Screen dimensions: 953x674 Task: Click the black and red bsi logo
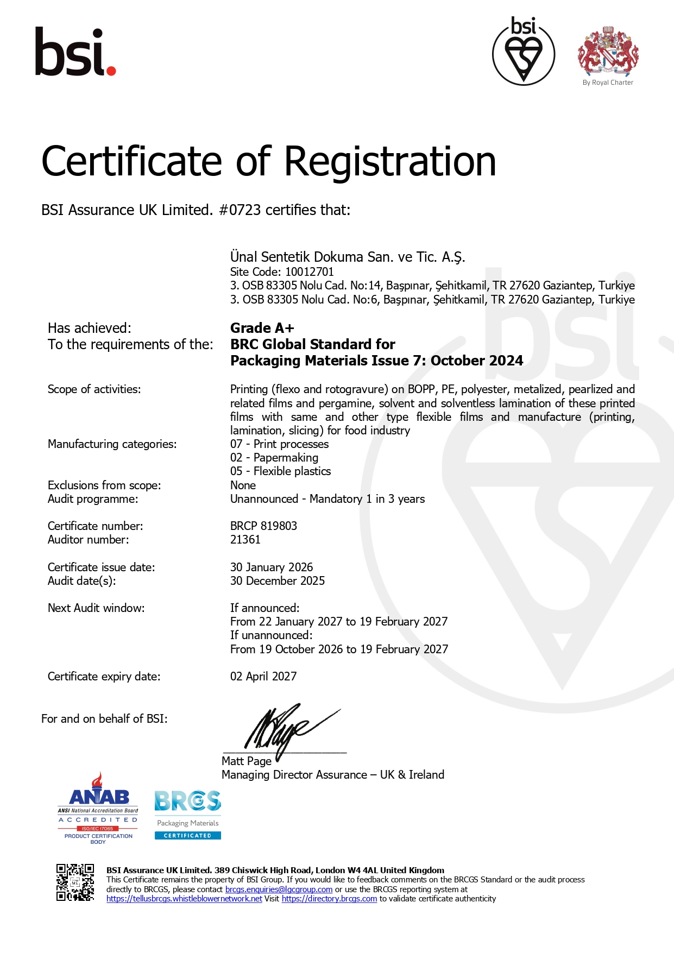click(75, 52)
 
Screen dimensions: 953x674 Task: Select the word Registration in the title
click(390, 162)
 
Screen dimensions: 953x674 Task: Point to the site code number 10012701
click(310, 272)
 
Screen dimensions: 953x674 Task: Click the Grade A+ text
click(262, 328)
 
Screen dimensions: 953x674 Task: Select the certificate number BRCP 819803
click(263, 526)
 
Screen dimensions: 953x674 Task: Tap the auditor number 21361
click(245, 539)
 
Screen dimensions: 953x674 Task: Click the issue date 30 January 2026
click(272, 567)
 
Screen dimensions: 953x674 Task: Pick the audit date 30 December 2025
click(278, 580)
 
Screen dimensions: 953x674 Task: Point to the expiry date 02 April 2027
click(263, 676)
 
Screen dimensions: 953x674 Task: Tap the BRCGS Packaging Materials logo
click(188, 815)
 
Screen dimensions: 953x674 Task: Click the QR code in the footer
click(75, 882)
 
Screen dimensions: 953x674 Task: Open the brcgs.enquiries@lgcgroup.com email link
click(279, 889)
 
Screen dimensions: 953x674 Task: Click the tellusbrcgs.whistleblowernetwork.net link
click(184, 899)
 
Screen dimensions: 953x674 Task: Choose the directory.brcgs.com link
click(329, 899)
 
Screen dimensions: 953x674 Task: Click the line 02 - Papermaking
click(274, 458)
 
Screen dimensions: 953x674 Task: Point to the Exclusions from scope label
click(104, 485)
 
